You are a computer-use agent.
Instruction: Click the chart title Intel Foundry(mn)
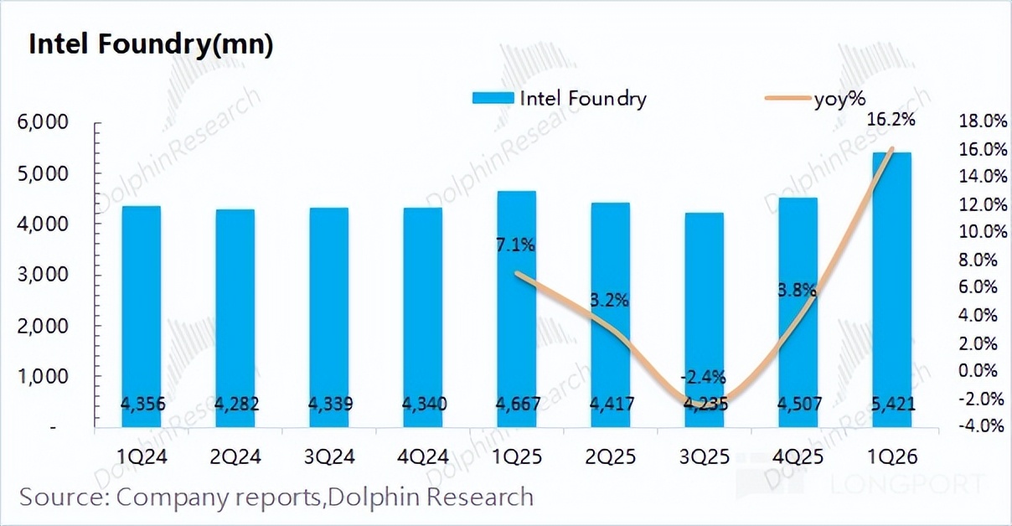coord(151,45)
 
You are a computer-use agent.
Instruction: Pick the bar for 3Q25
coord(704,319)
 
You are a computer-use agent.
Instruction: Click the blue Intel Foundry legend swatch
coord(493,98)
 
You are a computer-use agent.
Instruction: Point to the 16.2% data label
coord(891,121)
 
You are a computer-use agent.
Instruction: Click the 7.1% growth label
coord(514,245)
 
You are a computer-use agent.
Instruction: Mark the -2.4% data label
coord(704,376)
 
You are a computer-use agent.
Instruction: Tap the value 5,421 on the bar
coord(891,405)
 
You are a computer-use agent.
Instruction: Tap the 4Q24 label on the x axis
coord(423,457)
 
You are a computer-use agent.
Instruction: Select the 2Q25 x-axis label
coord(611,457)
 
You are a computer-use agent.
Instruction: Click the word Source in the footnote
coord(63,497)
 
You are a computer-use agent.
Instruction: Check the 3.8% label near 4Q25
coord(796,291)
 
